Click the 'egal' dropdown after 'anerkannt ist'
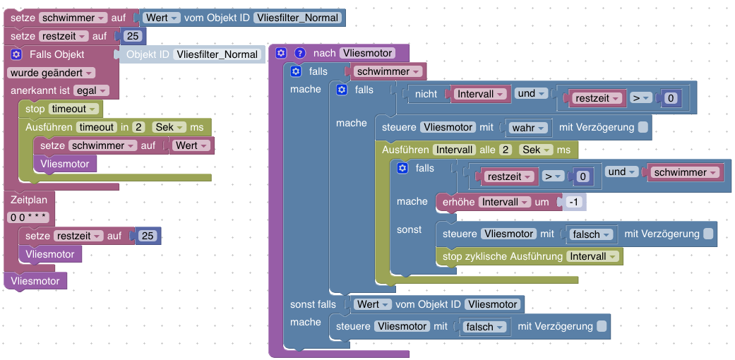click(x=93, y=90)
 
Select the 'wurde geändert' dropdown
click(x=50, y=73)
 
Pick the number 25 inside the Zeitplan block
click(x=148, y=236)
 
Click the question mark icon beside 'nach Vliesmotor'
click(x=299, y=53)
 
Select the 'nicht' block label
click(x=426, y=93)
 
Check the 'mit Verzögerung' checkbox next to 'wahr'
click(x=643, y=128)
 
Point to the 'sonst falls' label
click(x=313, y=304)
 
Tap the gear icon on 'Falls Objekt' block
click(x=18, y=54)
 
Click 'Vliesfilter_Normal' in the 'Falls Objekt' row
click(x=217, y=54)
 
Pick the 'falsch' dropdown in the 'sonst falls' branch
click(x=484, y=327)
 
